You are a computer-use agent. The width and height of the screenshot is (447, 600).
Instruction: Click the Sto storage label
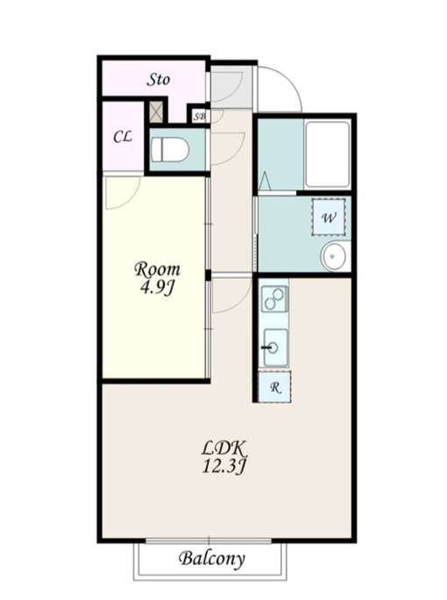[x=159, y=80]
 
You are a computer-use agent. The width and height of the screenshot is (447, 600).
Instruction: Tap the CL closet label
[x=123, y=137]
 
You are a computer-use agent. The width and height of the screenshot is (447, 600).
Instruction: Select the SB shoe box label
[x=198, y=116]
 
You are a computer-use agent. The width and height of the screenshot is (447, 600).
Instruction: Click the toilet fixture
[x=170, y=150]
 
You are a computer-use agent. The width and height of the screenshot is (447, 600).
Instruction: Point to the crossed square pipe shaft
[x=156, y=111]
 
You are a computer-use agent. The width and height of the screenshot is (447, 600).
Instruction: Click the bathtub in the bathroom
[x=328, y=154]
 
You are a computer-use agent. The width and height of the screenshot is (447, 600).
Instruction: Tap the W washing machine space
[x=329, y=218]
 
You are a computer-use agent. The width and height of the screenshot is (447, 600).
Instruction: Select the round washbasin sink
[x=334, y=255]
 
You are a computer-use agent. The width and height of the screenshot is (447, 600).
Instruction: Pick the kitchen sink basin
[x=275, y=347]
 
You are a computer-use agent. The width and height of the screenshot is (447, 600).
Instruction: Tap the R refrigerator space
[x=274, y=387]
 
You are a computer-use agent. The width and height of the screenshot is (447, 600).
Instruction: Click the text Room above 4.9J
[x=157, y=270]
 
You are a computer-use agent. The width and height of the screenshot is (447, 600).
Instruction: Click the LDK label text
[x=225, y=448]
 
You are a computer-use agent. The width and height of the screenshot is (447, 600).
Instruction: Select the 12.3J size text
[x=225, y=466]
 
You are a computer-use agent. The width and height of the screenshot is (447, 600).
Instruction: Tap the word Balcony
[x=211, y=559]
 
